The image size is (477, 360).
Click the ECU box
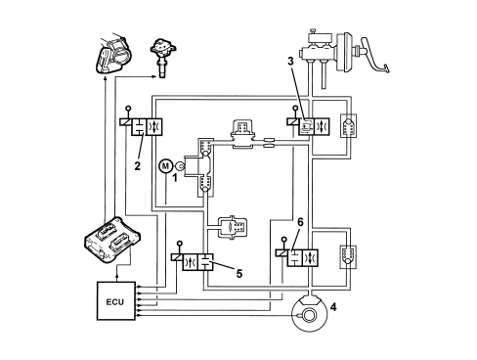point(116,300)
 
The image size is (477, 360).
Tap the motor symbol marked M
point(166,166)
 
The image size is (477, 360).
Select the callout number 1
point(175,178)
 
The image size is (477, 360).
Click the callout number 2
point(138,166)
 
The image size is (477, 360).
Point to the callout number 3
point(290,61)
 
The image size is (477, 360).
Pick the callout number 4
point(333,307)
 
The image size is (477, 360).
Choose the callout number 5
point(239,274)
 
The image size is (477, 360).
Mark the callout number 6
point(300,222)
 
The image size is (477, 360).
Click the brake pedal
point(374,56)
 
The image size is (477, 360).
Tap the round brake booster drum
point(345,52)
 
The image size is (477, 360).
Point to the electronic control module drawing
point(111,240)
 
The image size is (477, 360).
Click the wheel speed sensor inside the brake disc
point(307,315)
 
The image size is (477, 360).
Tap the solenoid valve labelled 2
point(140,126)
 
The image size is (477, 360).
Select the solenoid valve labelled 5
point(193,262)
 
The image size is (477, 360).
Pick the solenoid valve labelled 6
point(296,257)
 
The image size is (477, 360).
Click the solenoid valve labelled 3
point(308,125)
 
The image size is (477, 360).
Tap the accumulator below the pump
point(233,226)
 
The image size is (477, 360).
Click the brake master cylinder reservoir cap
point(313,31)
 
